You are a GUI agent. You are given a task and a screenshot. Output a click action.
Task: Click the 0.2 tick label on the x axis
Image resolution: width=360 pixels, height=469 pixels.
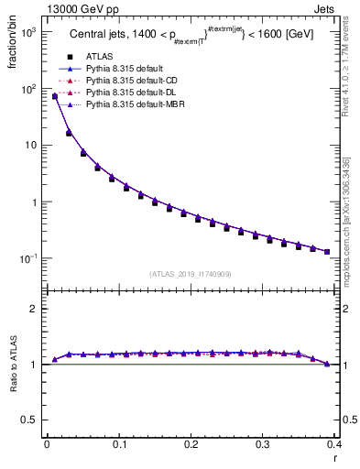point(191,445)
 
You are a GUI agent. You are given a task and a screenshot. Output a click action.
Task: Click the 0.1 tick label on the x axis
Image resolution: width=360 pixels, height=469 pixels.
point(119,445)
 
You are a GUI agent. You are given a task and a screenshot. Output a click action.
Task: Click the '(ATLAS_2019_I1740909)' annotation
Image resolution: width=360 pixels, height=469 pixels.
point(189,274)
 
